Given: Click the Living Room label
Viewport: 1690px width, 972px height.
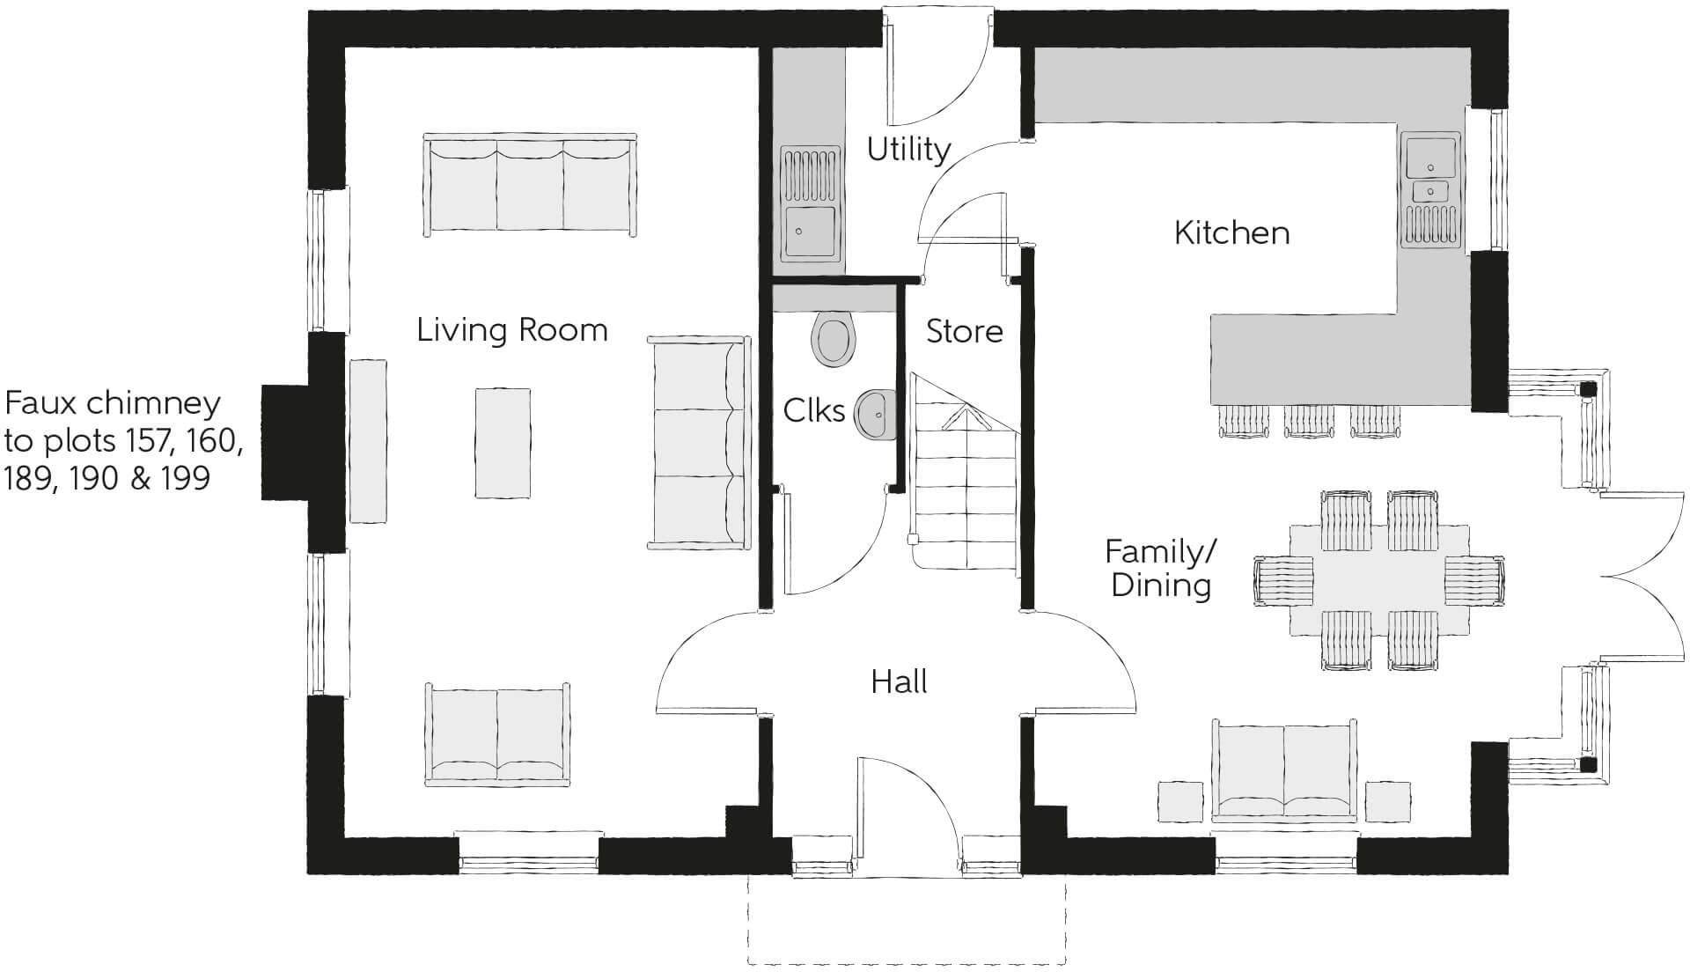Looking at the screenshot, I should point(511,331).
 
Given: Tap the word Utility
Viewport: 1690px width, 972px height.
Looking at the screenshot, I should point(908,150).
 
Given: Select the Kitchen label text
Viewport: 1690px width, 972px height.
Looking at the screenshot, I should point(1231,233).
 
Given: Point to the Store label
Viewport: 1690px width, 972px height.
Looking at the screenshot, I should point(964,332).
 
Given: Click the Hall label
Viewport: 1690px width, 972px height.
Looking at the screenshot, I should point(899,681).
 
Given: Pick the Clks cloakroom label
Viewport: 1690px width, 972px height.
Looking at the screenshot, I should point(813,410).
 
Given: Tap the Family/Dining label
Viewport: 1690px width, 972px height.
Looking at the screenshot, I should point(1160,569).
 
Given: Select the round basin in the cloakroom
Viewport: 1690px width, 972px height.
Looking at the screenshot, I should point(874,414).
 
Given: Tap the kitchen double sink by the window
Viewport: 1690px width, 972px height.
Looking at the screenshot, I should point(1430,189).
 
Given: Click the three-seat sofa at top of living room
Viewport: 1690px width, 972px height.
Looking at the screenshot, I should point(530,185).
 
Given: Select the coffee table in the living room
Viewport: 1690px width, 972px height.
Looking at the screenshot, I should point(503,443).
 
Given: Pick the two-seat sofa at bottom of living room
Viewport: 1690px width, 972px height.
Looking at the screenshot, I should point(497,734).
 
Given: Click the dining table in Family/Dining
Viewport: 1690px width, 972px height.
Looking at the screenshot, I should point(1379,580).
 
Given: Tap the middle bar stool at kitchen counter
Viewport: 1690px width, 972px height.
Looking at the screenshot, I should point(1308,422).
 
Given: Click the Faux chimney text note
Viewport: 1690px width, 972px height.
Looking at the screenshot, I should point(121,441).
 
